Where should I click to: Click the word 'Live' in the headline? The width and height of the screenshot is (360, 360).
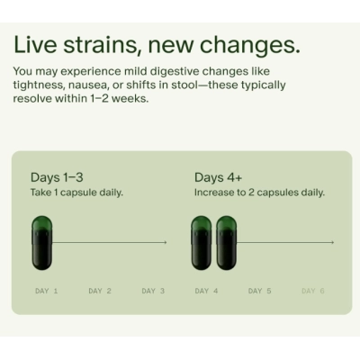click(40, 45)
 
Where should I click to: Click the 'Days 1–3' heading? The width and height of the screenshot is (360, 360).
click(57, 176)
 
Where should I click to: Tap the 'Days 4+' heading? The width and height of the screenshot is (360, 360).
click(219, 176)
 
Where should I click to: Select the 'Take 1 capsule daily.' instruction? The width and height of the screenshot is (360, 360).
click(76, 193)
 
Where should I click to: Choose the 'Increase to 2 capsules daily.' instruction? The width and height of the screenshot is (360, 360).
click(259, 193)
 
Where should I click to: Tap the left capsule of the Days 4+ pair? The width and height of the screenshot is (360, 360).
click(202, 242)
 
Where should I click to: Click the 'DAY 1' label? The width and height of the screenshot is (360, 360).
click(47, 292)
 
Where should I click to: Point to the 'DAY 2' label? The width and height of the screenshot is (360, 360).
click(100, 292)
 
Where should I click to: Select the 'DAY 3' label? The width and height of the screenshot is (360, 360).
click(154, 292)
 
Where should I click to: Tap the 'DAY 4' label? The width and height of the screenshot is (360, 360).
click(207, 292)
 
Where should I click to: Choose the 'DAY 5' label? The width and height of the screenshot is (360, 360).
click(260, 292)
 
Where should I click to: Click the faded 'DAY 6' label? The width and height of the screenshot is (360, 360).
click(313, 292)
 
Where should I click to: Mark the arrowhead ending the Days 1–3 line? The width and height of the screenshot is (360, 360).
click(166, 242)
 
